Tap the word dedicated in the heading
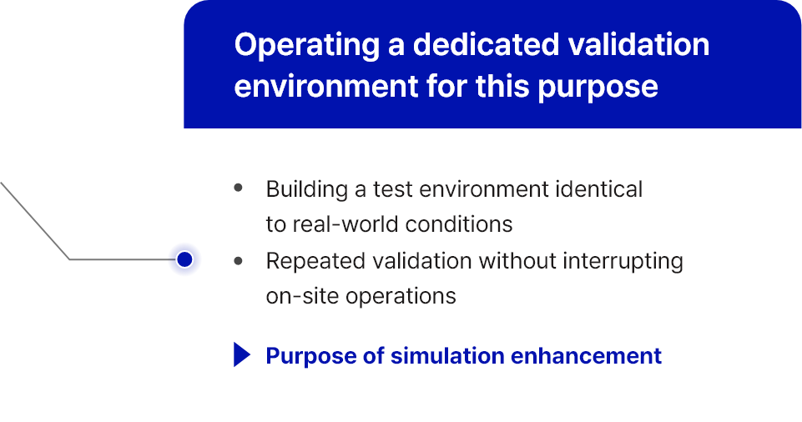coord(486,44)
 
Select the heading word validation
coord(638,44)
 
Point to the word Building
coord(307,190)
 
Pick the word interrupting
coord(623,262)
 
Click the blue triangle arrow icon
coord(241,354)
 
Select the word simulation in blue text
coord(447,355)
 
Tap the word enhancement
coord(586,355)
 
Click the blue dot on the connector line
coord(184,259)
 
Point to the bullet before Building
coord(238,188)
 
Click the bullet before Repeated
coord(238,261)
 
